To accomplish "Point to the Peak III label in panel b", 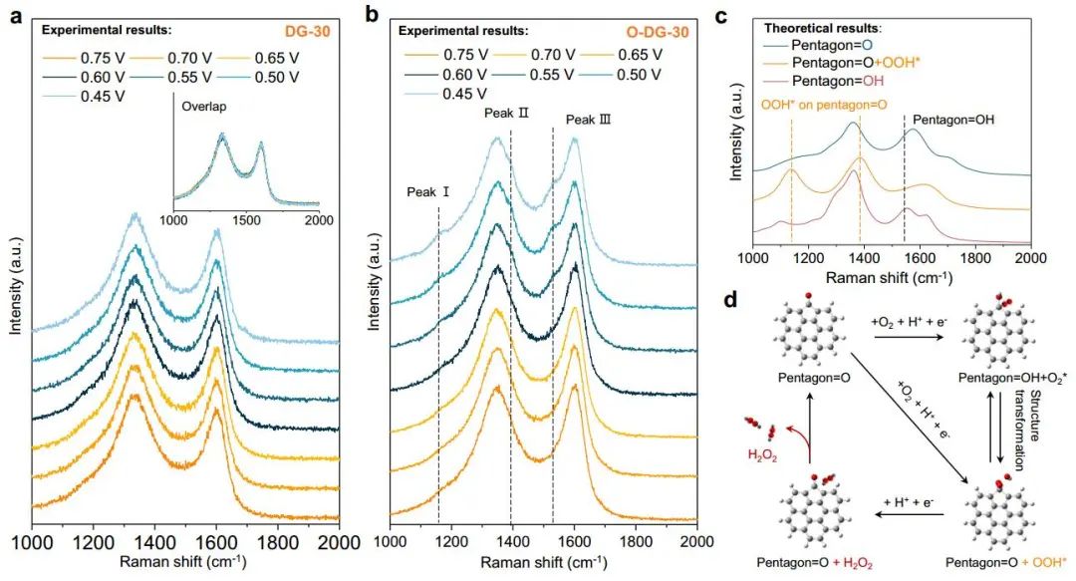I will tap(588, 120).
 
